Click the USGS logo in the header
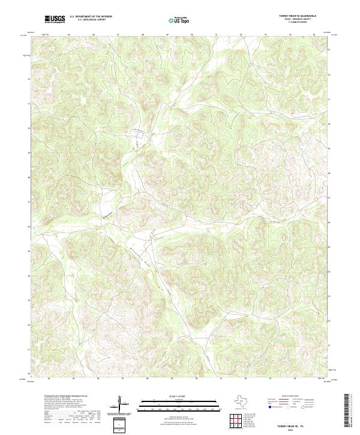coord(55,19)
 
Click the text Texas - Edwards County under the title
coord(298,20)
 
